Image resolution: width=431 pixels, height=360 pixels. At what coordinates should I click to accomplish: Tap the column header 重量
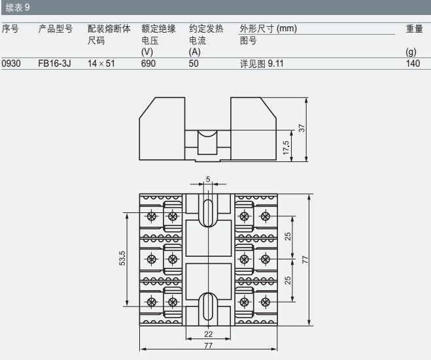point(414,29)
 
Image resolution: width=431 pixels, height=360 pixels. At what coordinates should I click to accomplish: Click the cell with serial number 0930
point(12,64)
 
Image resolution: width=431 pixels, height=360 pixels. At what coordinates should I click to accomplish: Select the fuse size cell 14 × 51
point(102,64)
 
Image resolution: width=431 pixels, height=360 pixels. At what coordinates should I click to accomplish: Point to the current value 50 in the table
point(194,64)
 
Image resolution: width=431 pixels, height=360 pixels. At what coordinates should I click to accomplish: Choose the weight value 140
point(413,64)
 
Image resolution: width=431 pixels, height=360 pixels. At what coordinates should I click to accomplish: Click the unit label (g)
point(411,52)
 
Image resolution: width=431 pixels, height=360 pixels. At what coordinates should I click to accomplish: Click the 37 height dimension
point(302,128)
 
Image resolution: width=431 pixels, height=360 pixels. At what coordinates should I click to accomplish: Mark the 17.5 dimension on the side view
point(286,148)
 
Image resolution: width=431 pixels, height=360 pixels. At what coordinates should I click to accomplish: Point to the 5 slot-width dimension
point(208,180)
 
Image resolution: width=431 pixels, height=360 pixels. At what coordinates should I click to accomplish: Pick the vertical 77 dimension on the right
point(305,259)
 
